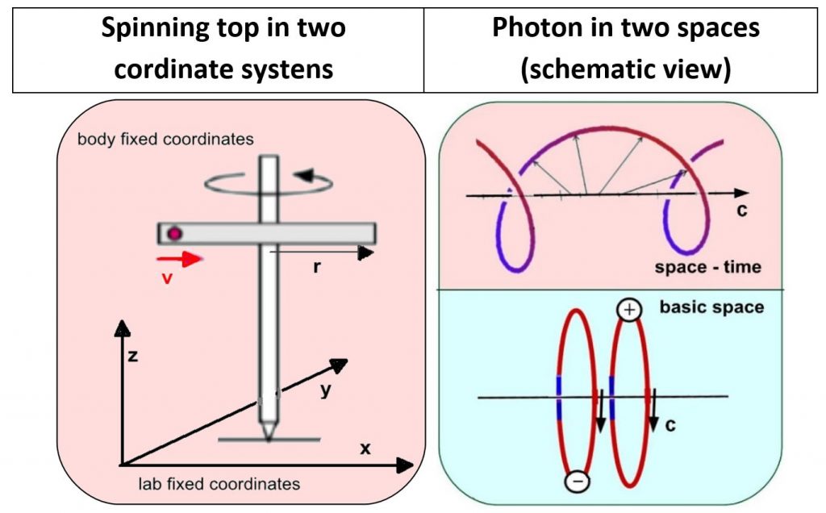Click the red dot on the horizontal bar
tap(174, 234)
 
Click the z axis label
tap(134, 355)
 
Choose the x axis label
tap(365, 448)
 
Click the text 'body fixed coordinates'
tap(165, 139)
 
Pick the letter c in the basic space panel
tap(670, 424)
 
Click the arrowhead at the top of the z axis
tap(123, 327)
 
